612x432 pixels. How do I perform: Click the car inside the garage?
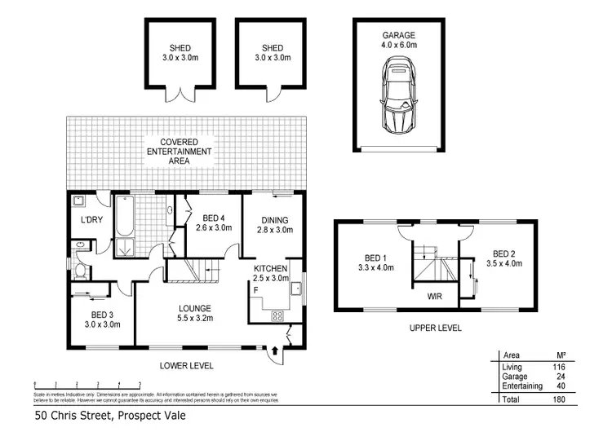click(x=400, y=99)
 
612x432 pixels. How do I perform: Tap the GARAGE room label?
click(x=400, y=36)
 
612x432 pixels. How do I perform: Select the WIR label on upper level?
click(x=434, y=297)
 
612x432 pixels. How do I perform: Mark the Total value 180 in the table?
click(x=561, y=400)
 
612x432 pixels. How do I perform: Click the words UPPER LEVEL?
click(x=436, y=328)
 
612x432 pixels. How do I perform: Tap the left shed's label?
click(x=172, y=53)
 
